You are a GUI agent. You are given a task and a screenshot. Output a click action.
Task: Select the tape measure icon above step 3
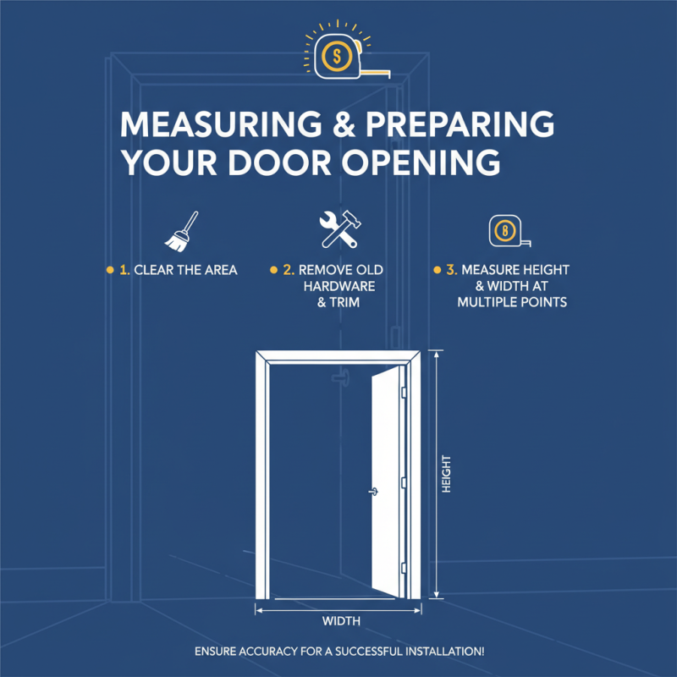(x=506, y=231)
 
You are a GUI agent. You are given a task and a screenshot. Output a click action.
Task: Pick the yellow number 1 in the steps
(x=125, y=271)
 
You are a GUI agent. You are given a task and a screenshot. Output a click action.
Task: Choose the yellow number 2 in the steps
(x=289, y=271)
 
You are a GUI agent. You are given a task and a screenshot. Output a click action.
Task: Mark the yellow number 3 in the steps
(x=451, y=271)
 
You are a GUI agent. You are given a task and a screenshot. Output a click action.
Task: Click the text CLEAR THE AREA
(x=185, y=271)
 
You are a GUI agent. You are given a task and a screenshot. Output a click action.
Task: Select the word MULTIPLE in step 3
(x=484, y=301)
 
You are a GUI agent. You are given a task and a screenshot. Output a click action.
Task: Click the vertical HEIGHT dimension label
(x=446, y=476)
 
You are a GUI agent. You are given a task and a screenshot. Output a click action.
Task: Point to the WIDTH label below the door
(x=342, y=622)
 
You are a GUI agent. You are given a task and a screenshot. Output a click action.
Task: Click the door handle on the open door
(x=372, y=490)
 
